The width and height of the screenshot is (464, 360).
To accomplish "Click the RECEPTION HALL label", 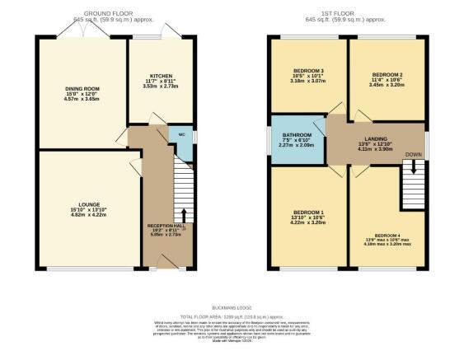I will click(x=166, y=224).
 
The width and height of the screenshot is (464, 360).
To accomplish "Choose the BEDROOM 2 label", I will click(x=385, y=74).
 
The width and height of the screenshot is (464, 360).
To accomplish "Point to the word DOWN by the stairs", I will click(x=414, y=154).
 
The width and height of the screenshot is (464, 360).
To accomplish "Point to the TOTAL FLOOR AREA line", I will click(x=231, y=315).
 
